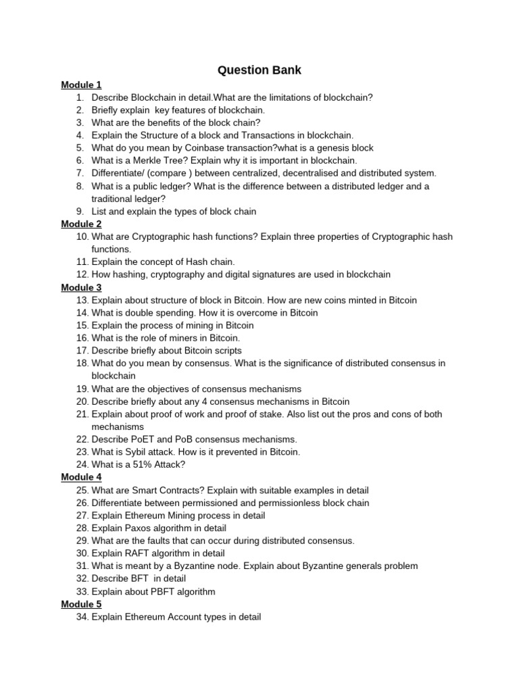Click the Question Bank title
(x=259, y=70)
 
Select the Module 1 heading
(x=81, y=84)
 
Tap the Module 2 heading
(x=81, y=224)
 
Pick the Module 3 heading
(x=81, y=287)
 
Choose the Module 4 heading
(x=81, y=477)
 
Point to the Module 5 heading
(x=81, y=604)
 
